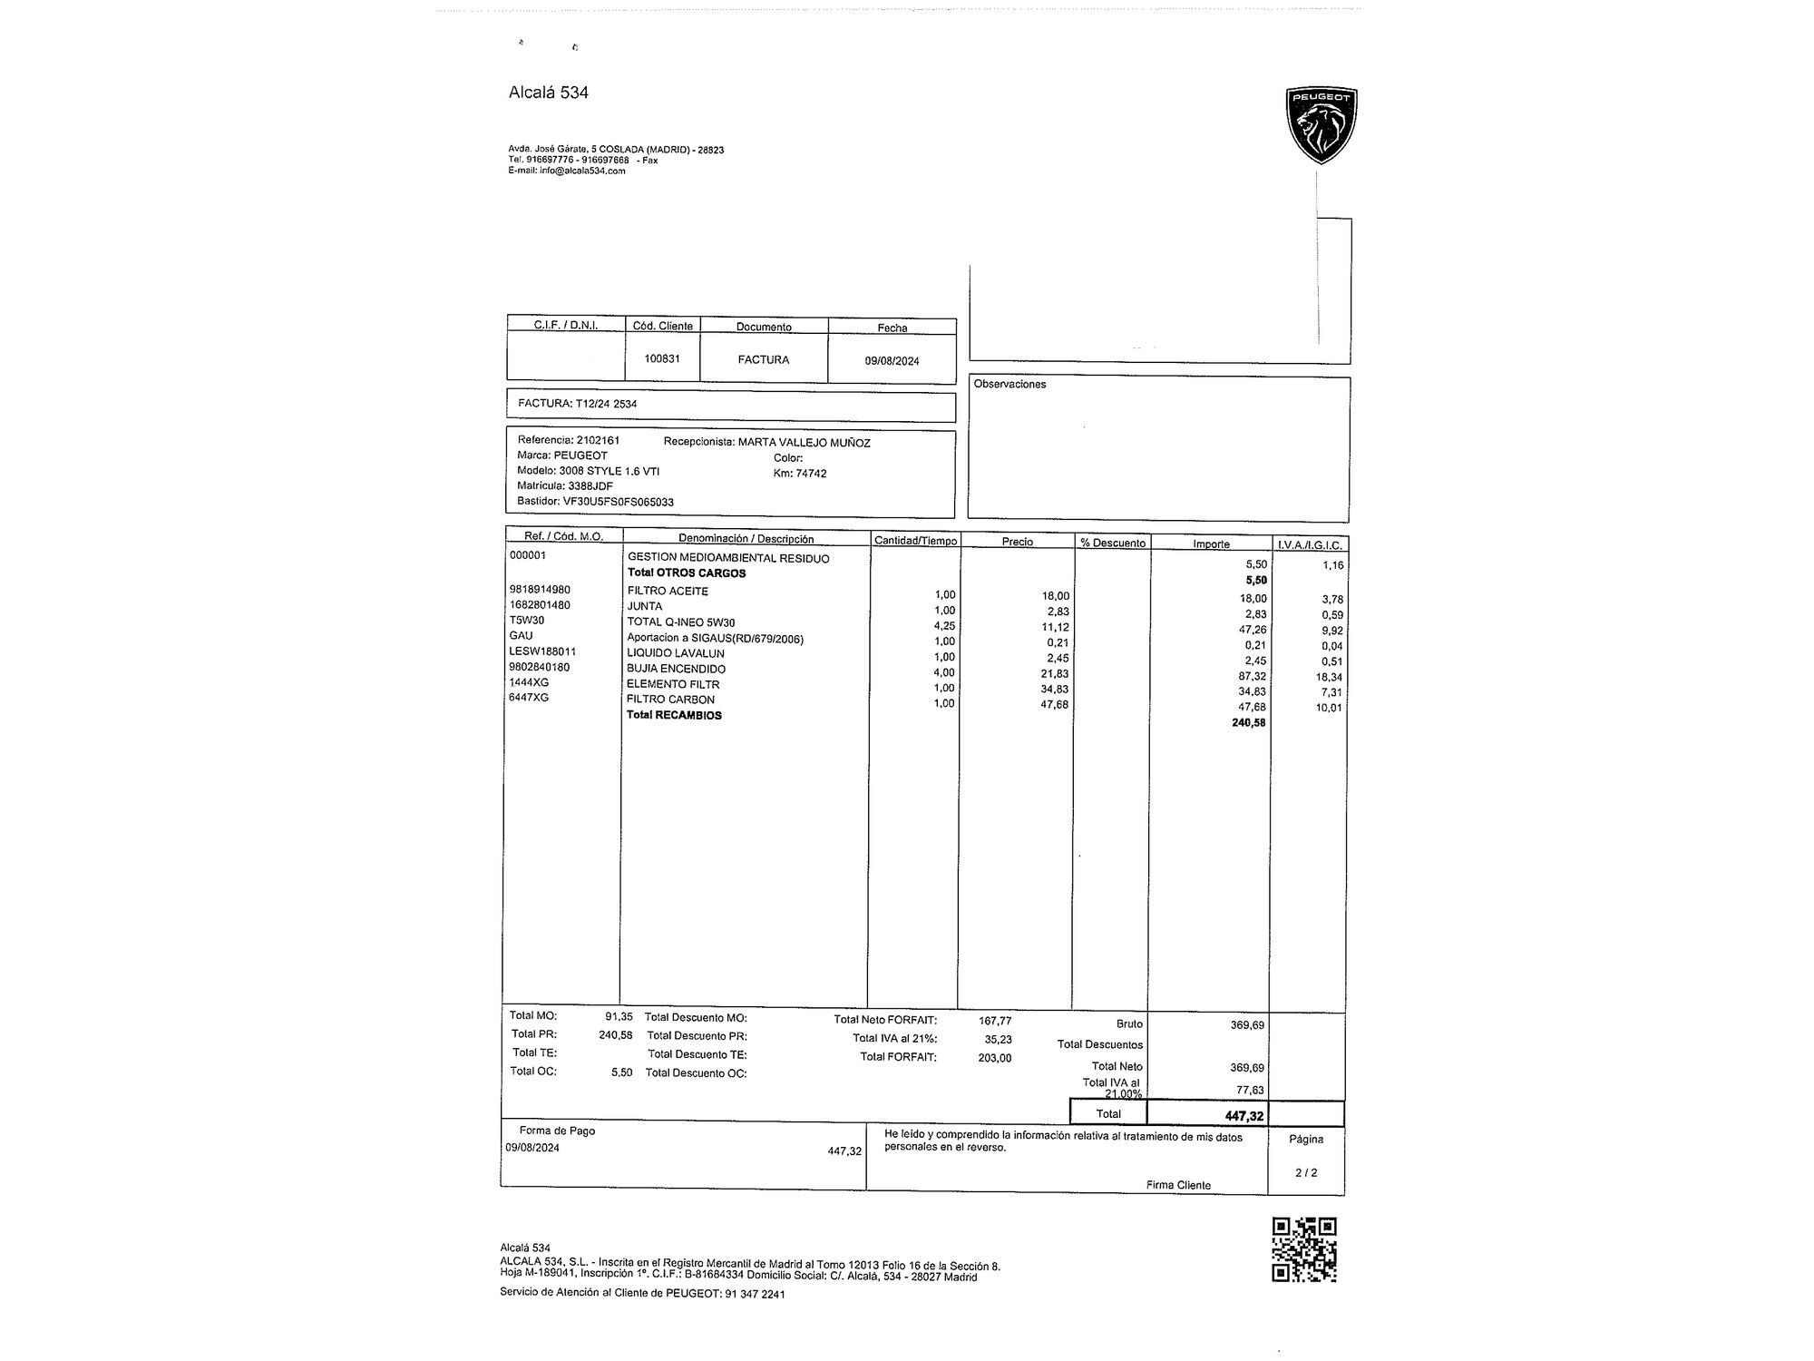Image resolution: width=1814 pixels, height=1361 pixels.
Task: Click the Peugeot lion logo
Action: [1321, 125]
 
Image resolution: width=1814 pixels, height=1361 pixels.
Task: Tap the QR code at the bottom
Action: [1303, 1249]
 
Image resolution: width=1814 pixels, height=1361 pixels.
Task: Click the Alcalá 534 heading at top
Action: [548, 93]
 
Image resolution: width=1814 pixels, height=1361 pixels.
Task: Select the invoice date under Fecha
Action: [892, 361]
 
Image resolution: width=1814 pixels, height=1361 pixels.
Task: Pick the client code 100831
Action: [662, 358]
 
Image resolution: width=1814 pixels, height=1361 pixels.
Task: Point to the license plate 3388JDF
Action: [590, 486]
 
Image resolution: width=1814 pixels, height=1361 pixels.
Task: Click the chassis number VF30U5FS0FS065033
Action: [618, 502]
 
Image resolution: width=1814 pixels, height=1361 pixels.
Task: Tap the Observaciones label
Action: [1009, 385]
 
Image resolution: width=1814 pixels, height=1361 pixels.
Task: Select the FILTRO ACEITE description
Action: [668, 591]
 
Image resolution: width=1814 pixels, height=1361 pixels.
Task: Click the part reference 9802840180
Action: [541, 667]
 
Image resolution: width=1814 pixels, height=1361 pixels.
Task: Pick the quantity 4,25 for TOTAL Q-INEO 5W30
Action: [944, 626]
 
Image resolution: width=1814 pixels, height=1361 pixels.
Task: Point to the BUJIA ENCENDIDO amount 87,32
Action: [1252, 676]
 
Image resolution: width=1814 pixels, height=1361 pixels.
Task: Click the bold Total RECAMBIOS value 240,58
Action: [1248, 723]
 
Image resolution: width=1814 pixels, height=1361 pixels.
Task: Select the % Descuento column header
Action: [1112, 543]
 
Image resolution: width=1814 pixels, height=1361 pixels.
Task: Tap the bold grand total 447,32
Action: [1243, 1116]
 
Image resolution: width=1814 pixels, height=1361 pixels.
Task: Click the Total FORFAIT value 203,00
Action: [994, 1058]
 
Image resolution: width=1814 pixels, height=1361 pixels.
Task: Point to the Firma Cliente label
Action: [1177, 1185]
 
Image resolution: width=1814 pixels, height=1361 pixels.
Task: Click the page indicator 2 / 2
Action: [1306, 1172]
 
